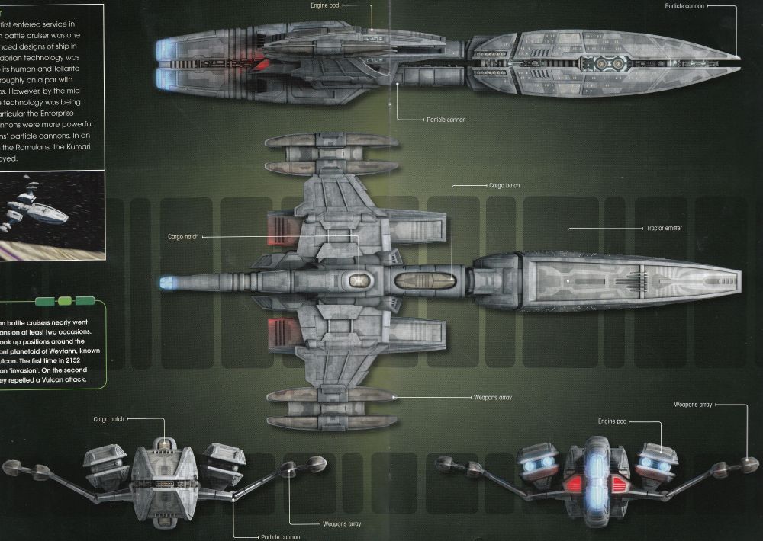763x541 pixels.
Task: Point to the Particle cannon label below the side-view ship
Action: click(x=446, y=120)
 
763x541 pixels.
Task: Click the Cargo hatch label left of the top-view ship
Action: click(x=183, y=237)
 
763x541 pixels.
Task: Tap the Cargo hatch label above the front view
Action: click(x=108, y=419)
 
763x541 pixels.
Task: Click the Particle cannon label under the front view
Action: click(x=281, y=536)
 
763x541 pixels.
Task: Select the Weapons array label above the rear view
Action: click(x=694, y=405)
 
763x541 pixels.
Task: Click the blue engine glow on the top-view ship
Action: click(x=164, y=283)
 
